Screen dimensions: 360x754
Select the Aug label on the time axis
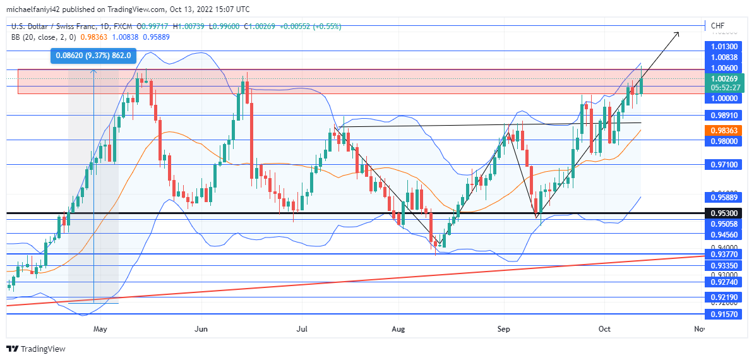click(x=398, y=329)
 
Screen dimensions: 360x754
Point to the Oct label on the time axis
click(x=604, y=329)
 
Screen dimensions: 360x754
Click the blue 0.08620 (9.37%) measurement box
click(x=93, y=56)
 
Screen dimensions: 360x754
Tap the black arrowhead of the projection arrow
click(x=677, y=33)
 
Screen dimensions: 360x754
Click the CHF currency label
click(x=717, y=26)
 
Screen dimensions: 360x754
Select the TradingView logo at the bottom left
click(x=36, y=349)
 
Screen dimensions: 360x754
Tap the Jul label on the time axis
click(x=302, y=329)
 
